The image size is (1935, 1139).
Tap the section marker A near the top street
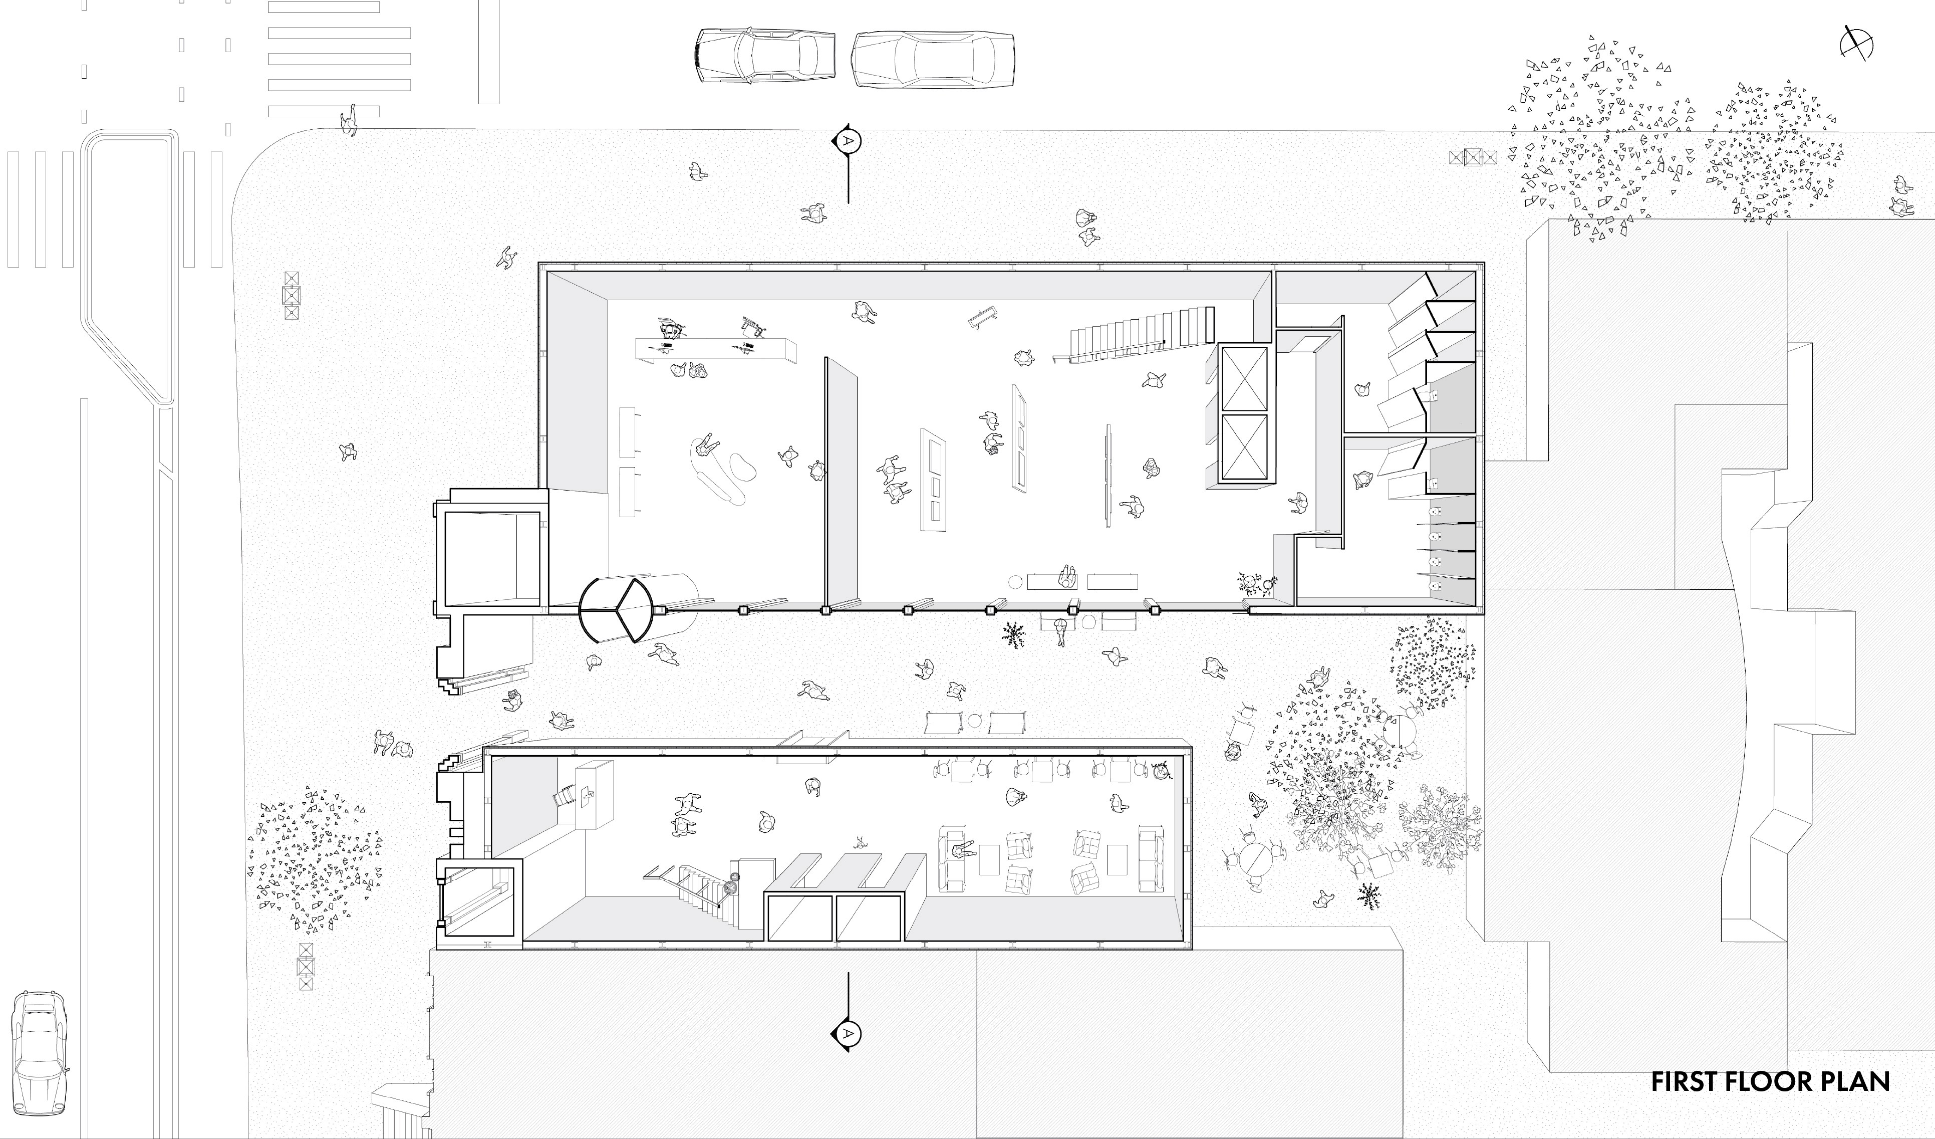tap(848, 140)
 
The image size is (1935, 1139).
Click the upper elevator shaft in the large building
tap(1243, 379)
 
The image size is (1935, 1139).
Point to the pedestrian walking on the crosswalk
tap(349, 121)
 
